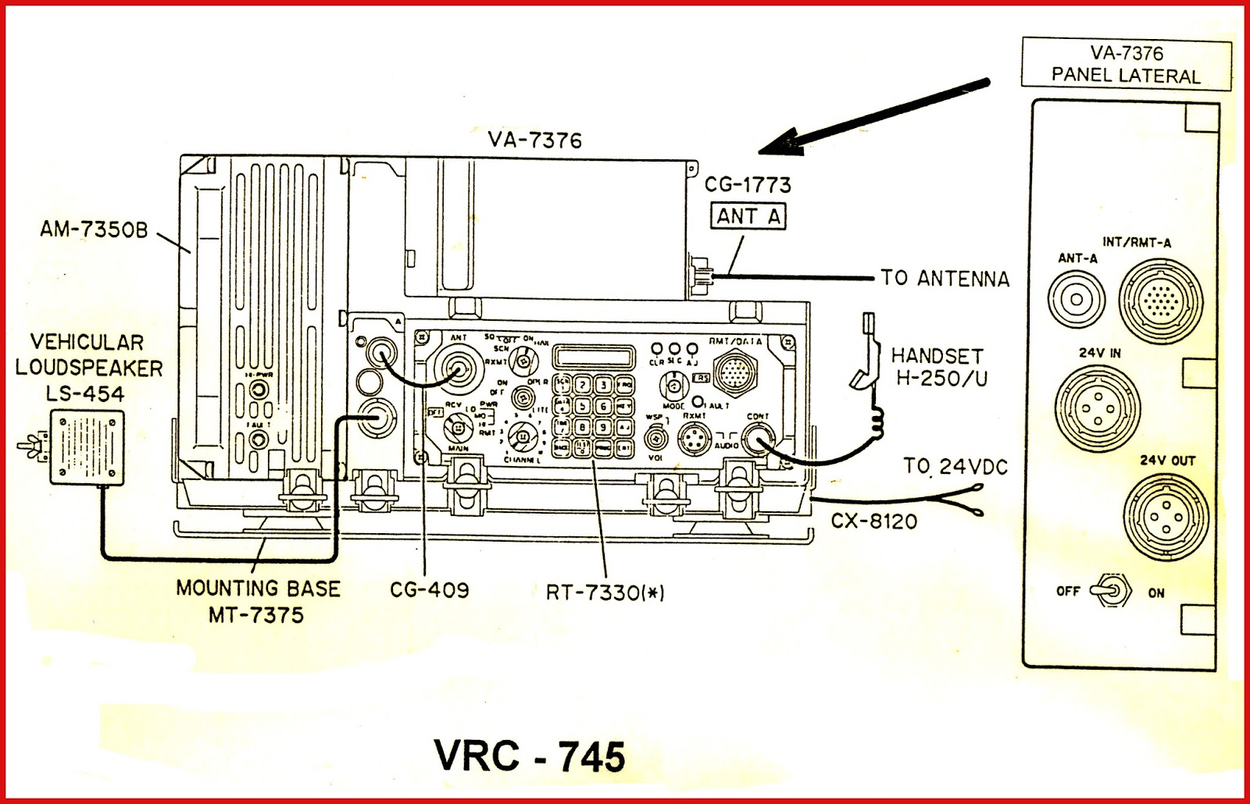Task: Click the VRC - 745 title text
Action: point(530,756)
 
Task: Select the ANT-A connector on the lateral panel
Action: point(1076,298)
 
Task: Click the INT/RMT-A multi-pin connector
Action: point(1157,300)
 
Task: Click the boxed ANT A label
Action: point(748,215)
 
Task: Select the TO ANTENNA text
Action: point(945,278)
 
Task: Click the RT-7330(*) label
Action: point(605,592)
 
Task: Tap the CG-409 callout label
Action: point(430,589)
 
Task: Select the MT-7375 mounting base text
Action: point(255,614)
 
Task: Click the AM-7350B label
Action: point(94,229)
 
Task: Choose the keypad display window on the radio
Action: point(592,358)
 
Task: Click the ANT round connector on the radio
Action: point(459,367)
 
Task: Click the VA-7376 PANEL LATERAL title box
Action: point(1126,65)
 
